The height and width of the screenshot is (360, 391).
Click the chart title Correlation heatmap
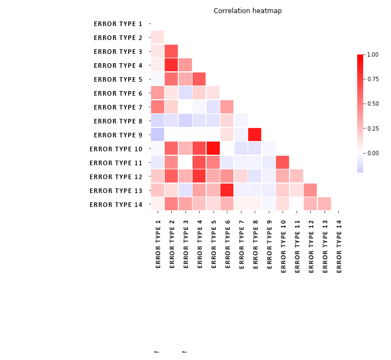coord(247,11)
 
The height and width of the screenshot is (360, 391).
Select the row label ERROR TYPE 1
coord(118,24)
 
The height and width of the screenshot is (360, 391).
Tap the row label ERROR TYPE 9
coord(118,135)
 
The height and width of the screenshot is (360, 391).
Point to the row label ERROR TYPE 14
coord(116,205)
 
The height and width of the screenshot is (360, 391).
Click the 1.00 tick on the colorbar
coord(372,54)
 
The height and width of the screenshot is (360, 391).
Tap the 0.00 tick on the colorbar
coord(372,153)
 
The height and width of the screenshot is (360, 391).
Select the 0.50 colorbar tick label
coord(372,104)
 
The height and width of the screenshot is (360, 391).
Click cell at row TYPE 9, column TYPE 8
coord(255,134)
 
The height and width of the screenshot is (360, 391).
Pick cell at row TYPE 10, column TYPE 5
coord(213,148)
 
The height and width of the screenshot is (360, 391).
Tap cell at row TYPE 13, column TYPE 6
coord(227,190)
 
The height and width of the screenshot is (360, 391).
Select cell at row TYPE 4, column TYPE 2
coord(171,65)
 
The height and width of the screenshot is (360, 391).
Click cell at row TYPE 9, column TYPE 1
coord(157,134)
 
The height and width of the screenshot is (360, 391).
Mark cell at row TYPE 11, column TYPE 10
coord(283,162)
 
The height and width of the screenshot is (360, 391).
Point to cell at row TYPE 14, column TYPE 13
coord(324,204)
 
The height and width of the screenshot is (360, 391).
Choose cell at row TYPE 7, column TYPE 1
coord(157,107)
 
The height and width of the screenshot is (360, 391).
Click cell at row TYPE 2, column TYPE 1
coord(157,37)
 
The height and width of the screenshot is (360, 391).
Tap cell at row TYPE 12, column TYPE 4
coord(199,176)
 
